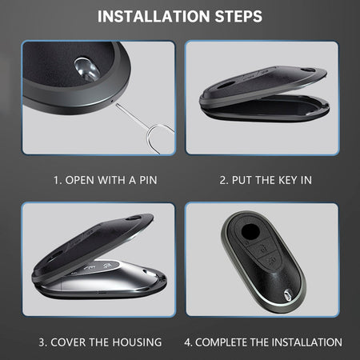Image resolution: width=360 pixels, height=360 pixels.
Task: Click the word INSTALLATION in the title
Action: (x=154, y=16)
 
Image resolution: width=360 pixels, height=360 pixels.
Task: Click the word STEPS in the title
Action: (x=238, y=16)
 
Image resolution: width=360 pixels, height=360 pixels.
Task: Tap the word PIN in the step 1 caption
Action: (x=148, y=180)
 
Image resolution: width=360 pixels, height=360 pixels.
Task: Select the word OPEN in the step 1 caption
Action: (x=80, y=180)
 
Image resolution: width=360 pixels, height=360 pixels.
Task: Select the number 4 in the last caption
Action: (x=187, y=342)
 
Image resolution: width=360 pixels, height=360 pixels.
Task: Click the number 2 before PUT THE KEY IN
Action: (x=222, y=180)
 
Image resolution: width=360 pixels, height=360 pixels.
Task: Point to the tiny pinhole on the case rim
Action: (x=112, y=101)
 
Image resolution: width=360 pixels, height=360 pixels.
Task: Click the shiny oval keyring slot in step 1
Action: (x=87, y=69)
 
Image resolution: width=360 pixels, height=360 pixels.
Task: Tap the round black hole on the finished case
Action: (x=250, y=231)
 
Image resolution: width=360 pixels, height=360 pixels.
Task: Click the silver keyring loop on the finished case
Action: (x=287, y=295)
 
